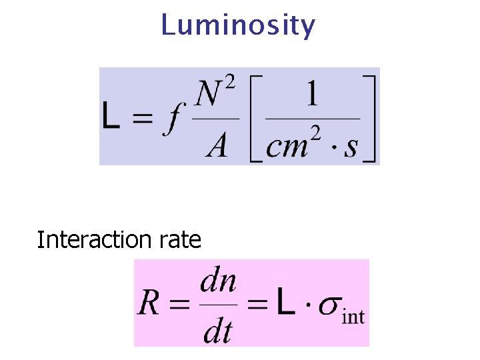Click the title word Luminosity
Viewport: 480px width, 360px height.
[238, 26]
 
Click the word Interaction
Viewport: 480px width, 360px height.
[95, 239]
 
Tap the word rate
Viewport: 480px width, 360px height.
[180, 240]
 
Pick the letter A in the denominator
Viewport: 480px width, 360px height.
[217, 145]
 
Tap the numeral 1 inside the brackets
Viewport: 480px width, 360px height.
[311, 95]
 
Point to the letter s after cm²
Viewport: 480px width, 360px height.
[351, 147]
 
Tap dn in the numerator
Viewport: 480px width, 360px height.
[218, 282]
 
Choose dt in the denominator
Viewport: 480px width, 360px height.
[217, 329]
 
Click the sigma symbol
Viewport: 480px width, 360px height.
[329, 305]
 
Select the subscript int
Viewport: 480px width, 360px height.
[353, 316]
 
